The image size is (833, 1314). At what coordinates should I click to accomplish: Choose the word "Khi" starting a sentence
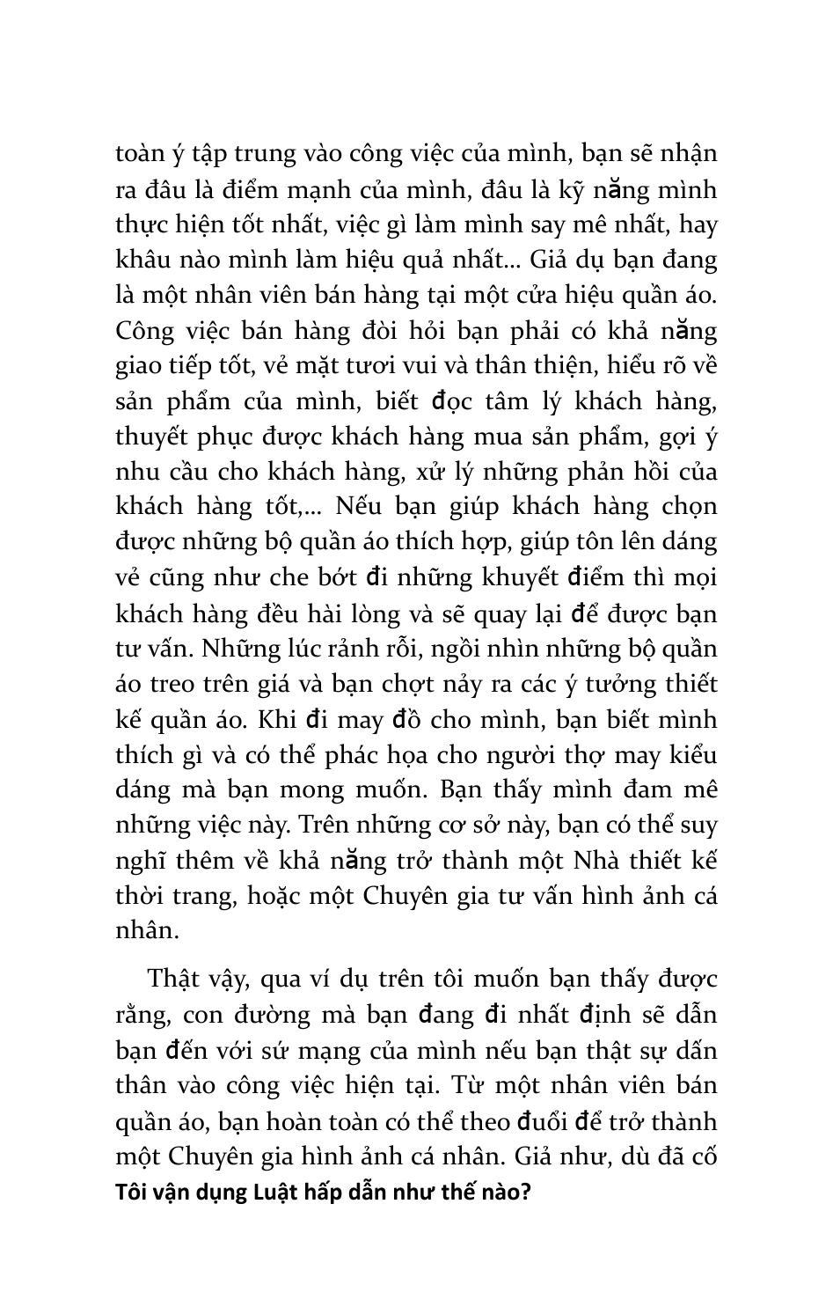275,719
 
